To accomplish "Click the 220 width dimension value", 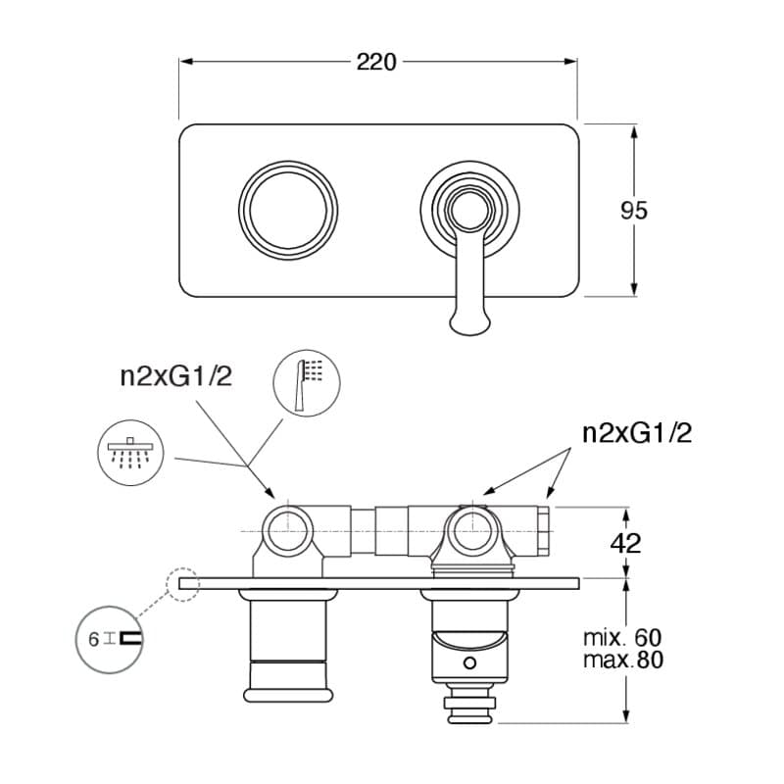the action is point(376,62).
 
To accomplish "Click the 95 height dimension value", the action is point(633,211).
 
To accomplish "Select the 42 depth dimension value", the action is point(625,543).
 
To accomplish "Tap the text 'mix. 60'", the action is point(622,638).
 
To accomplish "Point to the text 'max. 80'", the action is point(623,660).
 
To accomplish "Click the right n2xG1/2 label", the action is point(638,433).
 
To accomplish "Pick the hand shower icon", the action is point(307,383).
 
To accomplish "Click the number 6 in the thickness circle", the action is point(93,640).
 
